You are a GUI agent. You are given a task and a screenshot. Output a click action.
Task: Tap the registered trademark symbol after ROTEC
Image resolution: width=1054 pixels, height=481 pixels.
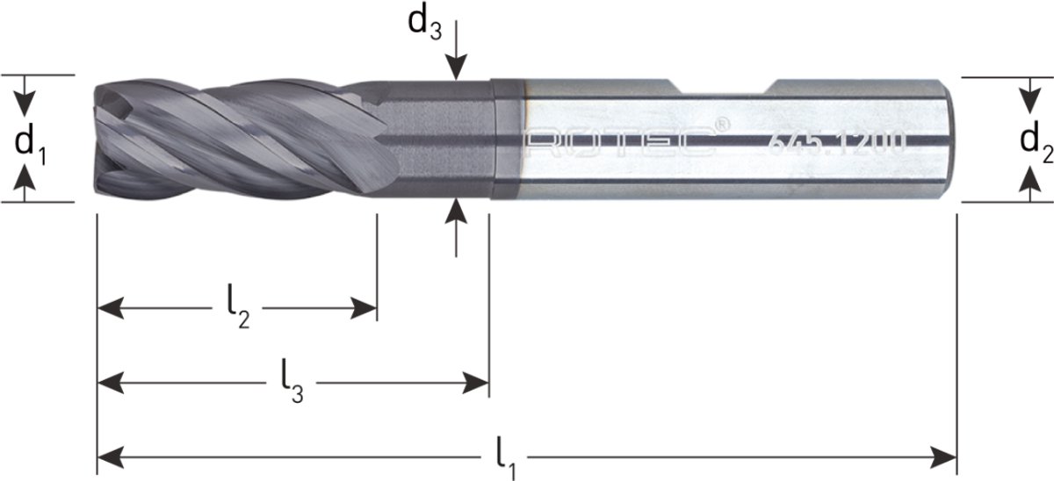(721, 126)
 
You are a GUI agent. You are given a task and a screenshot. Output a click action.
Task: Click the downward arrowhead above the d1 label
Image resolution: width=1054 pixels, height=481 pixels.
(27, 100)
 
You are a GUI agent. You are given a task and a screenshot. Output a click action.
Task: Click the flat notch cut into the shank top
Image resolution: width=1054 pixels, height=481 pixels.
(725, 88)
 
